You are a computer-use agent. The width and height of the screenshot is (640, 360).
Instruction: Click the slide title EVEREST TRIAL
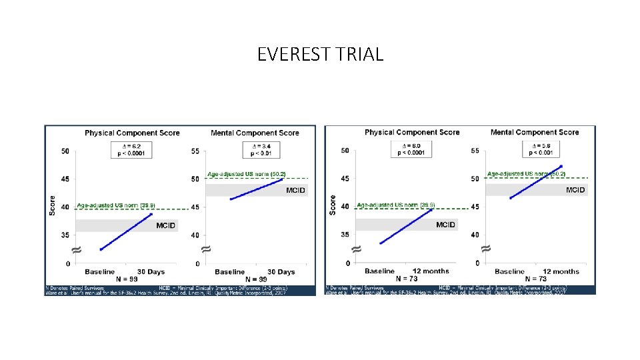(x=320, y=54)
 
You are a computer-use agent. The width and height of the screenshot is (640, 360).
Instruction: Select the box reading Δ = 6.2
(x=133, y=149)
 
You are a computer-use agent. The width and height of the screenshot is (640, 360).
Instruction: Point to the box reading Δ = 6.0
(x=413, y=149)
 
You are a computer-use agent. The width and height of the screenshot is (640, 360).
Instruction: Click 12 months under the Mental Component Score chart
(x=561, y=271)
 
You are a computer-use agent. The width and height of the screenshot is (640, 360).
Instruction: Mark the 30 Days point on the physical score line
(x=152, y=214)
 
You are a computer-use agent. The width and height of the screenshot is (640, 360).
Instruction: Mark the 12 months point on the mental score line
(x=561, y=166)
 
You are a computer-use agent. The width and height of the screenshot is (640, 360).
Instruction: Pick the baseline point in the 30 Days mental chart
(x=231, y=199)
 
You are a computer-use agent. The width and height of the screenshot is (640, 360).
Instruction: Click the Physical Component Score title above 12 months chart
(x=412, y=133)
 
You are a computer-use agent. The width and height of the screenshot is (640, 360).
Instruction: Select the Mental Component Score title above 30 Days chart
(x=255, y=133)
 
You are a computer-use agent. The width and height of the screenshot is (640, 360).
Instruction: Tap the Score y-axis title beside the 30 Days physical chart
(x=53, y=205)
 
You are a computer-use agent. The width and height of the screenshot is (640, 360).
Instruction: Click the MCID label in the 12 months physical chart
(x=445, y=225)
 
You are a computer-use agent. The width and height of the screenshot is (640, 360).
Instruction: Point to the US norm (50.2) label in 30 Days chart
(x=247, y=174)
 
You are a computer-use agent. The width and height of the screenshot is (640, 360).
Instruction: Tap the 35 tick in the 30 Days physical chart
(x=65, y=235)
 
